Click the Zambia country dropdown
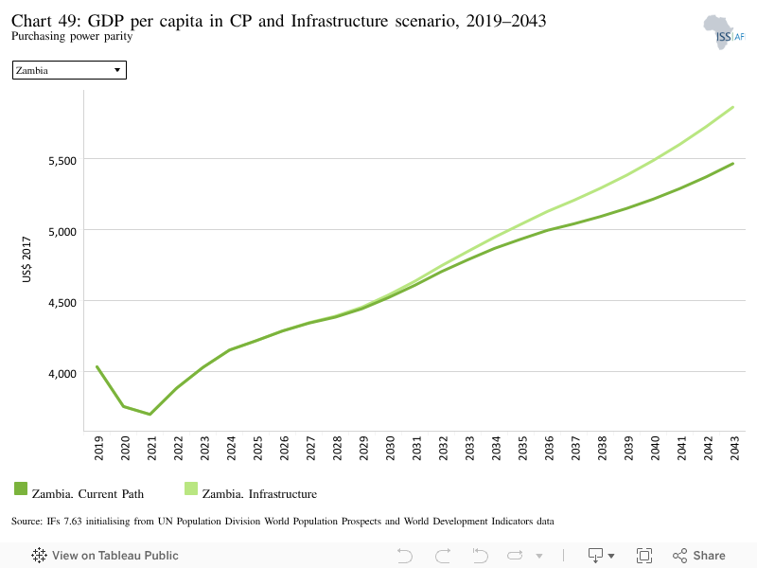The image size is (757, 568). click(x=69, y=70)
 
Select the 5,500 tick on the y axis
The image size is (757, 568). click(x=62, y=161)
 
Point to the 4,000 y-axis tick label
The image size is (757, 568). click(x=62, y=374)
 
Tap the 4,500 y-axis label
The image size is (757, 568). click(x=62, y=303)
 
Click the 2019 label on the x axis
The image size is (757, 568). click(x=98, y=448)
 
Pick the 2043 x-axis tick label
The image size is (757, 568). click(x=734, y=448)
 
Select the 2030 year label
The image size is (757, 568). click(x=390, y=448)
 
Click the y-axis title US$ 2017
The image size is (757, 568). click(x=26, y=259)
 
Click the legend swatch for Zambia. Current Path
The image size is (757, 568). click(x=21, y=488)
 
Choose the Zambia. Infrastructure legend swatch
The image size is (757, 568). click(x=191, y=488)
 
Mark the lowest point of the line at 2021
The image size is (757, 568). click(x=150, y=415)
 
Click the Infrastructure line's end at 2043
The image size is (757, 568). click(x=733, y=107)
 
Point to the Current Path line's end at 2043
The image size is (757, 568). click(x=733, y=164)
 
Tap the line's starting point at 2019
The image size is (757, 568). click(x=97, y=366)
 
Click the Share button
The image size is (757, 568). click(x=699, y=556)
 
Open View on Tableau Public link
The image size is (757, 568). click(x=105, y=556)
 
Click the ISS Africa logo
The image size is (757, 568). click(x=724, y=32)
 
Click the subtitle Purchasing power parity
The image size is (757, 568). click(x=72, y=36)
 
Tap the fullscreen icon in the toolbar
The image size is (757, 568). click(x=644, y=556)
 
